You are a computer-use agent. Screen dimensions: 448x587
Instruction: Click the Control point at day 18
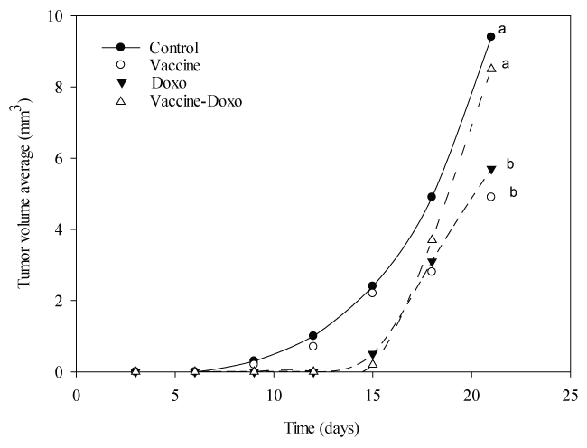click(x=432, y=197)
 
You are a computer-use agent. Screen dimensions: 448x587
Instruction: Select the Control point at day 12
click(x=313, y=336)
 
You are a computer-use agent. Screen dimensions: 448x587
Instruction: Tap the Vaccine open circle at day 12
click(x=313, y=346)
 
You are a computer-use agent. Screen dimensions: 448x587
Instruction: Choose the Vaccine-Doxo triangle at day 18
click(x=432, y=239)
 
